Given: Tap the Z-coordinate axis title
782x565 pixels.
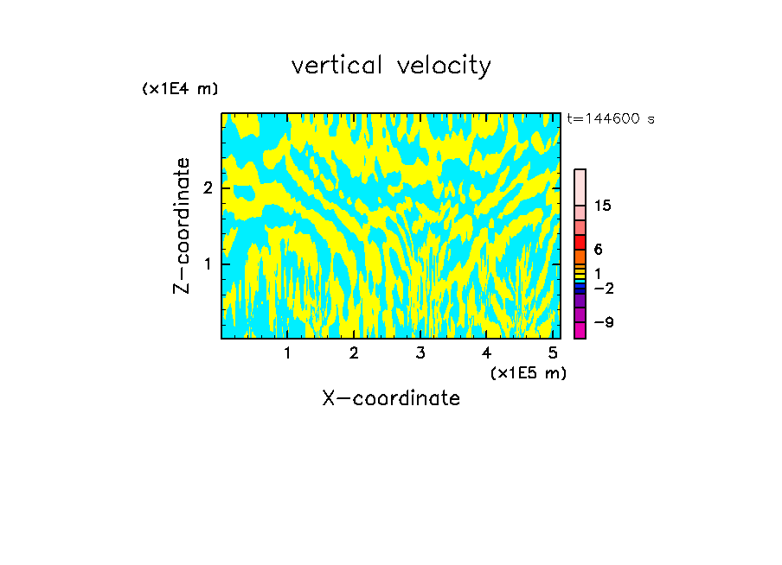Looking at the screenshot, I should click(182, 225).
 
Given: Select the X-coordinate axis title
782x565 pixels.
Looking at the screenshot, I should click(391, 398).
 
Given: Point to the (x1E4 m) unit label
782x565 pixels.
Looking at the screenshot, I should click(180, 89).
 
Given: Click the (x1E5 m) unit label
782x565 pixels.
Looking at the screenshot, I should click(528, 372).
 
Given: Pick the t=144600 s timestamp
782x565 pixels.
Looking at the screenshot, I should click(611, 119).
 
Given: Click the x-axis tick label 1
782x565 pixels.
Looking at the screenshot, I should click(287, 352).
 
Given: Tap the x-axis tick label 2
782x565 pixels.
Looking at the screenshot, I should click(354, 352).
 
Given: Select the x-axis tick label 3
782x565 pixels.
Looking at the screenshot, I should click(420, 352).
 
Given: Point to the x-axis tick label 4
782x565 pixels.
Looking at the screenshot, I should click(486, 352).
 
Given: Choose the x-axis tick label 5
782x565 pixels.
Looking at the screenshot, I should click(553, 352).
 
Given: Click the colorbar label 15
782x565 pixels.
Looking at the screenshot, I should click(603, 206).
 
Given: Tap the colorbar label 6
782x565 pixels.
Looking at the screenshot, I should click(598, 250).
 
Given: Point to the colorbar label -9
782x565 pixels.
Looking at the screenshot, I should click(604, 322).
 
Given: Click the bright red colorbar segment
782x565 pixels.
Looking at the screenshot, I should click(580, 242).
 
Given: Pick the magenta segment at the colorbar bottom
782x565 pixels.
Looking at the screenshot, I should click(580, 330).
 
